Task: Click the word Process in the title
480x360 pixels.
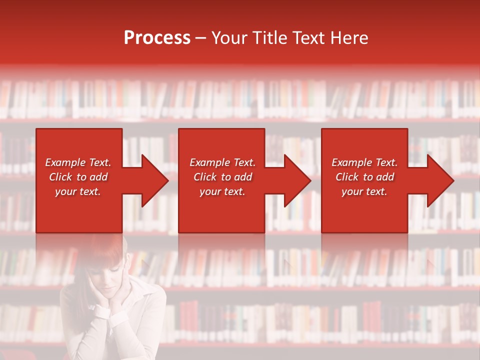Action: click(157, 38)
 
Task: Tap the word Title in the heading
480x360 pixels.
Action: click(269, 38)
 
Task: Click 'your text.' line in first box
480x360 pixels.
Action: click(78, 191)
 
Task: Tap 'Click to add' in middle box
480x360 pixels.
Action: click(222, 177)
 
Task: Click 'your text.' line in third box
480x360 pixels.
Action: click(364, 191)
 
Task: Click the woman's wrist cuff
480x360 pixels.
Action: click(102, 312)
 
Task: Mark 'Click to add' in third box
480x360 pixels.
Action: click(364, 177)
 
